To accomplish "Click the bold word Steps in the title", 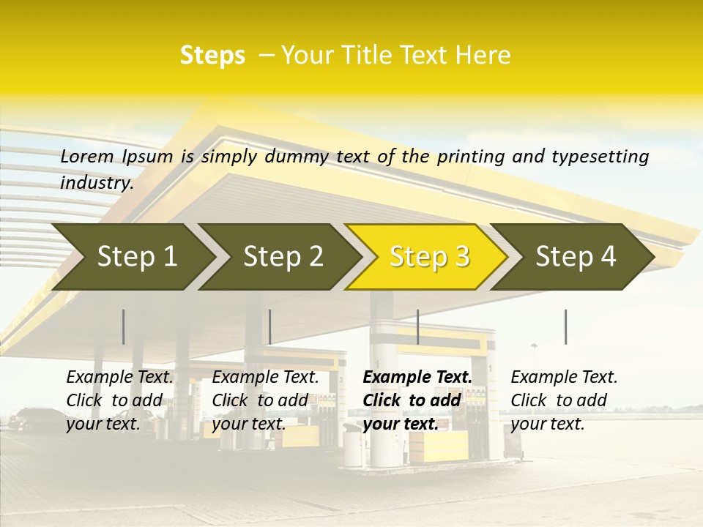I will pos(212,56).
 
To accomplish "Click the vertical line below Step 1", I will pos(124,326).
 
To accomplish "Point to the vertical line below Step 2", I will pos(270,326).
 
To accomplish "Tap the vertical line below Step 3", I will pos(417,326).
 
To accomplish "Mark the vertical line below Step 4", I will pos(565,326).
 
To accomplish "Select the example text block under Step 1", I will pos(119,400).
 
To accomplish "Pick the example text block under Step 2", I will pos(265,400).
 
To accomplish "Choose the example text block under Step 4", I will pos(564,400).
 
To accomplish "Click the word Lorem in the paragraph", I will pos(87,157).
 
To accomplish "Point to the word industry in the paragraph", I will pos(96,183).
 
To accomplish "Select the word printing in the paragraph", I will pos(469,157).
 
